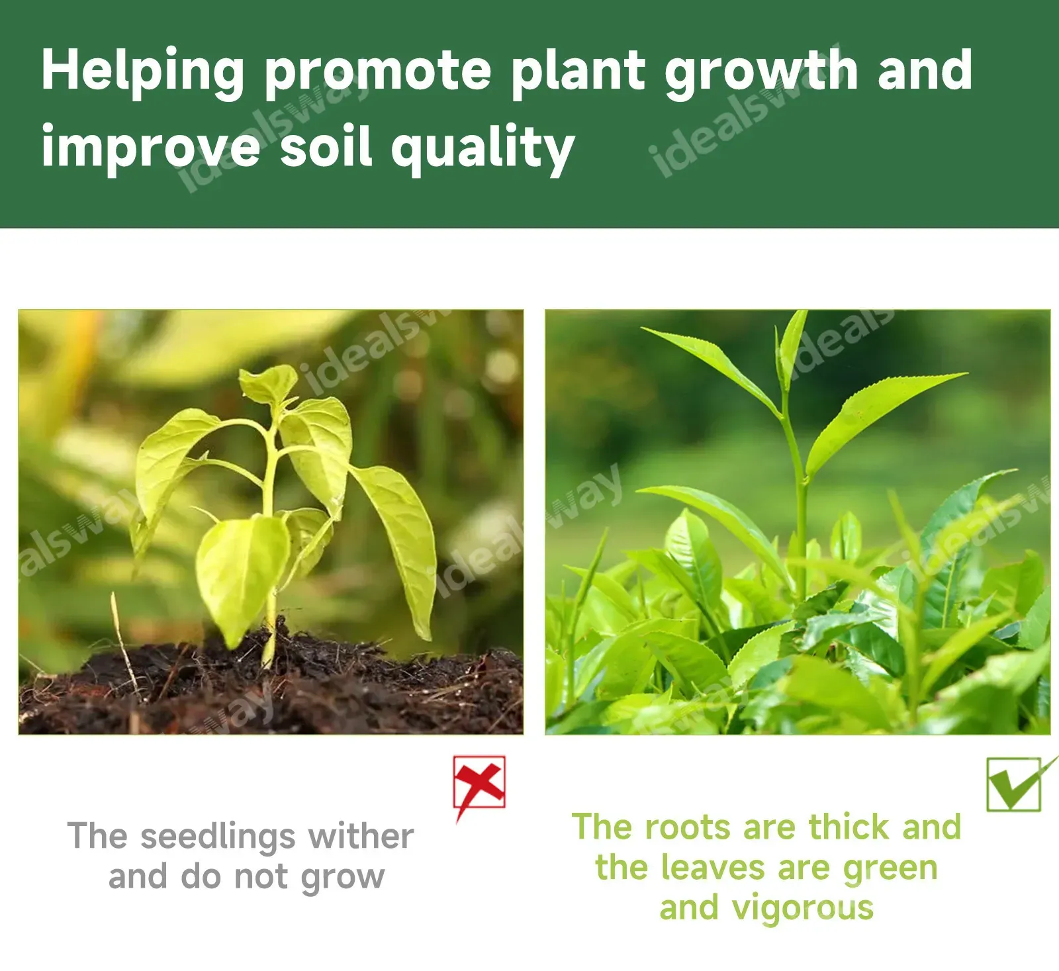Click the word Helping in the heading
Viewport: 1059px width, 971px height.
(143, 72)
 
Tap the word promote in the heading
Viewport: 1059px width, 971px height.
(378, 74)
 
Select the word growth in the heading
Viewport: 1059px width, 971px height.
(762, 73)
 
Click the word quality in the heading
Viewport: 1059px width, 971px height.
(483, 149)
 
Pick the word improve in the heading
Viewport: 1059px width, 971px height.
(151, 149)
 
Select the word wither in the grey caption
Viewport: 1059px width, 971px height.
(361, 836)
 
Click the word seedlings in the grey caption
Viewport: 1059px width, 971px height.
(217, 838)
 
